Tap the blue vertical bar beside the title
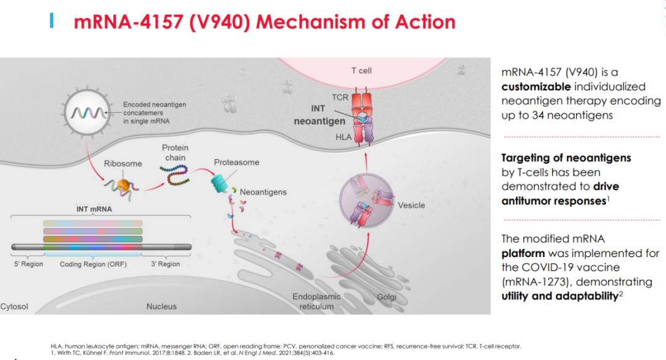[52, 20]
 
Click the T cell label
[361, 71]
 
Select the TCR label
[340, 97]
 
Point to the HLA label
[343, 137]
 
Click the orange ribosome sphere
[123, 186]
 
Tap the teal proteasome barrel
[219, 184]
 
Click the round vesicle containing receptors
[366, 200]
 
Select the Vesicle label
[411, 205]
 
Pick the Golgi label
[387, 297]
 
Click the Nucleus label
[162, 306]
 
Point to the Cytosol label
[14, 306]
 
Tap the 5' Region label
[28, 264]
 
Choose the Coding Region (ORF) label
[93, 264]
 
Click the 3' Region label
[165, 264]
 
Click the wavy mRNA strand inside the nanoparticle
[88, 112]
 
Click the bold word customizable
[536, 87]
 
